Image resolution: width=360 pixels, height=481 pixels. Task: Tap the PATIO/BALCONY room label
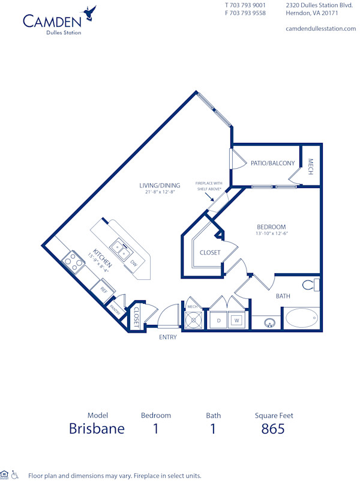(x=272, y=163)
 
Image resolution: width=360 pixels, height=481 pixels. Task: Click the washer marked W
(x=236, y=321)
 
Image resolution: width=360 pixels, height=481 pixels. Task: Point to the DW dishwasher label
(x=134, y=264)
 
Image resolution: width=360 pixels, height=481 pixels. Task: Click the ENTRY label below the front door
(x=168, y=337)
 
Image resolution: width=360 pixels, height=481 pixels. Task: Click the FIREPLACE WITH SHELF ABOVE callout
(x=209, y=186)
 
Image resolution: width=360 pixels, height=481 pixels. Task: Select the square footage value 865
(x=272, y=429)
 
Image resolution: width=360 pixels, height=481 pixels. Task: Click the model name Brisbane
(x=97, y=429)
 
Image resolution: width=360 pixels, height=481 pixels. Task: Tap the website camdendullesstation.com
(x=320, y=28)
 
